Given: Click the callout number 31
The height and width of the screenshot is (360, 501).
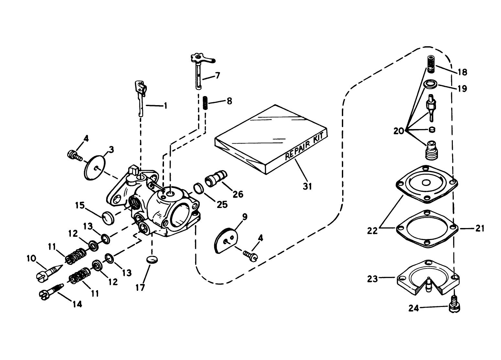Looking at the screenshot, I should click(x=307, y=186).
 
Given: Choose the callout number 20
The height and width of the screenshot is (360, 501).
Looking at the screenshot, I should click(x=399, y=131).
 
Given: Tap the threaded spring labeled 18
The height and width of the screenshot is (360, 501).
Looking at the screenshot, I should click(x=430, y=64).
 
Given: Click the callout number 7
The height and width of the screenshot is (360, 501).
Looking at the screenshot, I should click(x=217, y=76).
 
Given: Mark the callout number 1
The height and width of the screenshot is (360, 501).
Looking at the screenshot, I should click(x=165, y=105).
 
